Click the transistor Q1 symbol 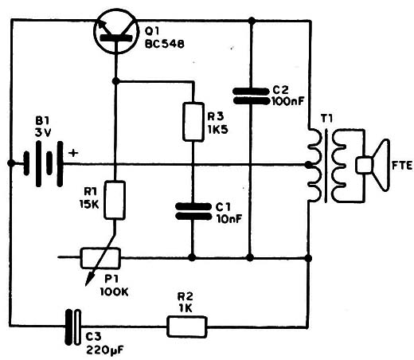[x=116, y=31]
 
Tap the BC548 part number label [x=165, y=44]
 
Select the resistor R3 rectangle [x=193, y=122]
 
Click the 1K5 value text [x=217, y=130]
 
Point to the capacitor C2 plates [x=251, y=96]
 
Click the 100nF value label [x=288, y=101]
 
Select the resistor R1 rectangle [x=115, y=200]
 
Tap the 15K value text [x=89, y=204]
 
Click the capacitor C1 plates [x=193, y=211]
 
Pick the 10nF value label [x=229, y=219]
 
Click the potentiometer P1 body [x=100, y=258]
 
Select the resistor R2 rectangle [x=186, y=327]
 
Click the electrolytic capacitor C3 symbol [x=73, y=327]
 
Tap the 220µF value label [x=105, y=350]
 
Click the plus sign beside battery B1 [x=73, y=153]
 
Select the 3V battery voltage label [x=43, y=133]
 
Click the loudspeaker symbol [x=373, y=165]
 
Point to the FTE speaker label [x=402, y=166]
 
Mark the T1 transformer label [x=326, y=119]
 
